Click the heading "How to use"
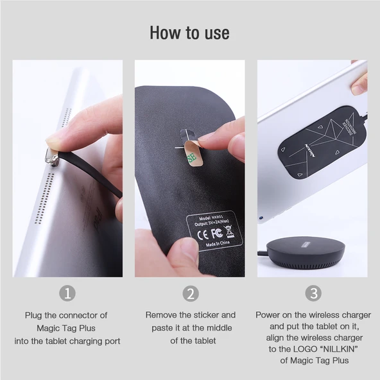tap(189, 33)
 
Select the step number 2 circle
tap(190, 293)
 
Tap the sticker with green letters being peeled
tap(191, 155)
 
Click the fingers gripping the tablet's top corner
tap(359, 80)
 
